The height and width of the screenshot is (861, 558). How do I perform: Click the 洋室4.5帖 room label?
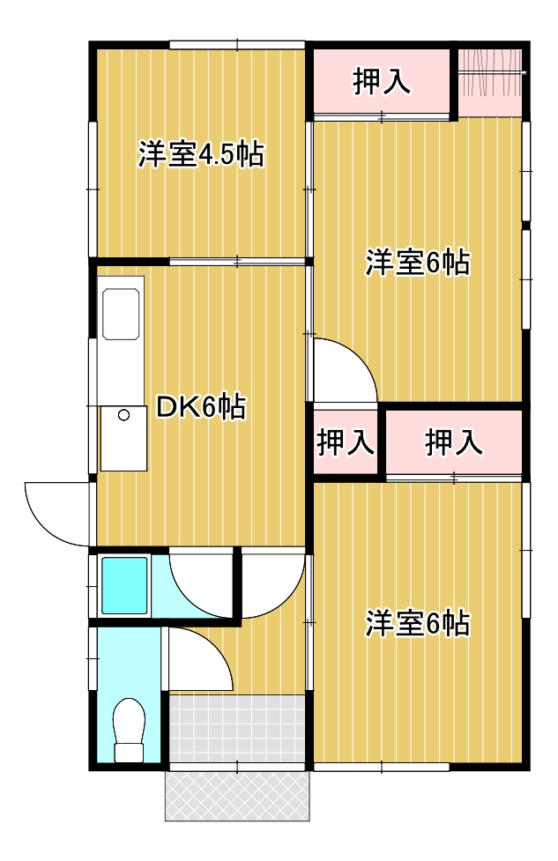[x=200, y=156]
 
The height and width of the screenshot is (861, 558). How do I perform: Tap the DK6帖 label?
[x=200, y=407]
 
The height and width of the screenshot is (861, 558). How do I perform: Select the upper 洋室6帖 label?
[x=417, y=263]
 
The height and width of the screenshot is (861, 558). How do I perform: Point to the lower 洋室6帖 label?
[x=417, y=624]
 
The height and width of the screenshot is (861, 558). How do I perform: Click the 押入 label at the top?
[x=381, y=82]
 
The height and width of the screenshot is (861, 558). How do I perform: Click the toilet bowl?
[x=129, y=729]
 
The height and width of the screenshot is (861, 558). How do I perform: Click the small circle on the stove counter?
[x=124, y=415]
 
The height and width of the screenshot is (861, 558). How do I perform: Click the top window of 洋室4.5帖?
[x=237, y=43]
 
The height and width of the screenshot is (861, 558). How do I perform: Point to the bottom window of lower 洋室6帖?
[x=381, y=768]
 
